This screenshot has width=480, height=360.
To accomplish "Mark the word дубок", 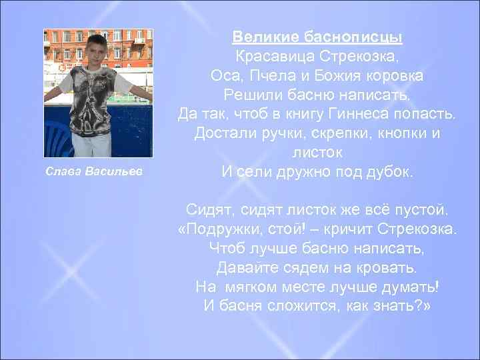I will click(x=386, y=172).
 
